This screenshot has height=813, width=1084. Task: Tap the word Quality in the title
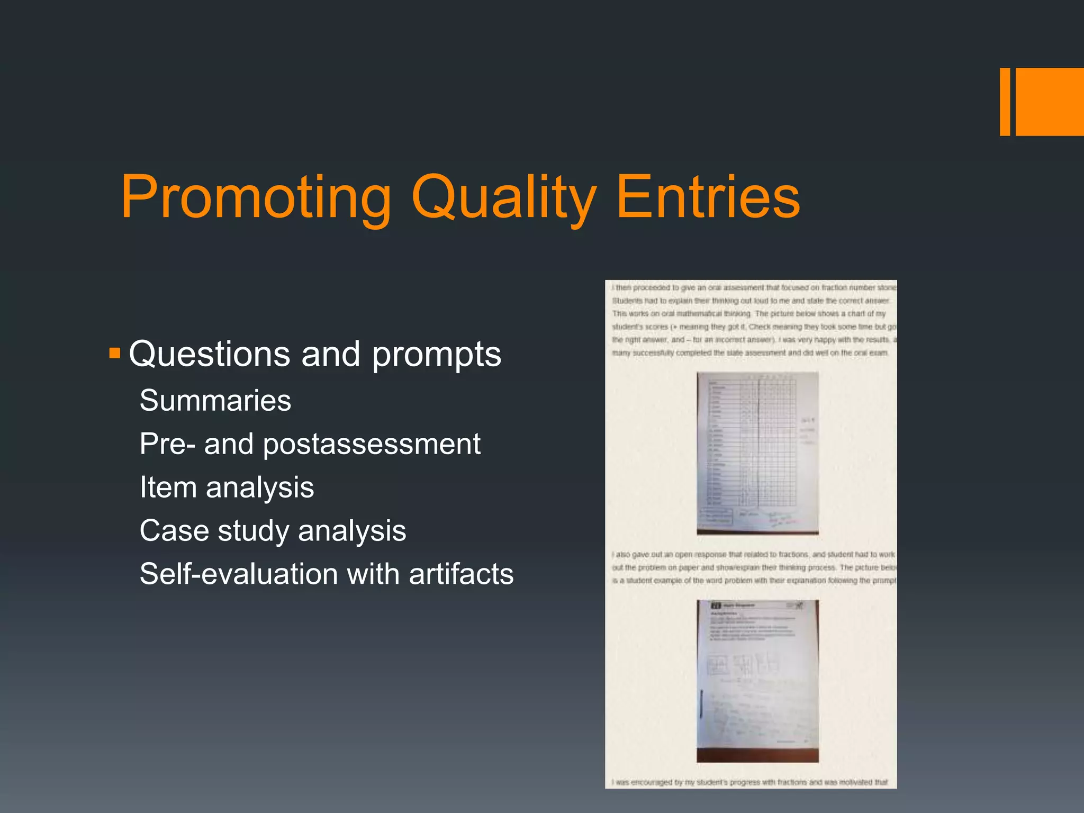coord(504,197)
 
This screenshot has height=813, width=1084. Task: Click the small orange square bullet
coord(114,353)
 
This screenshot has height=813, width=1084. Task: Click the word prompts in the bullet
coord(436,355)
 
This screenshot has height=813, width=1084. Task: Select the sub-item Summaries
coord(215,400)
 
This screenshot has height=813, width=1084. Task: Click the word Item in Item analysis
coord(168,487)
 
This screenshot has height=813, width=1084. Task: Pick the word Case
coord(174,530)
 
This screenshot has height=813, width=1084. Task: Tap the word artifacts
coord(461,574)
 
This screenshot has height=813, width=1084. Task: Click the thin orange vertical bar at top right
coord(1005,102)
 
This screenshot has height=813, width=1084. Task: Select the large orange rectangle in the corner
coord(1050,102)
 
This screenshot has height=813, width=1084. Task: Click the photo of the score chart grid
coord(757,453)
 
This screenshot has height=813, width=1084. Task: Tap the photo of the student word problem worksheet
coord(757,681)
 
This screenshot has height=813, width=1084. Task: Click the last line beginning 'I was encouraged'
coord(749,782)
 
